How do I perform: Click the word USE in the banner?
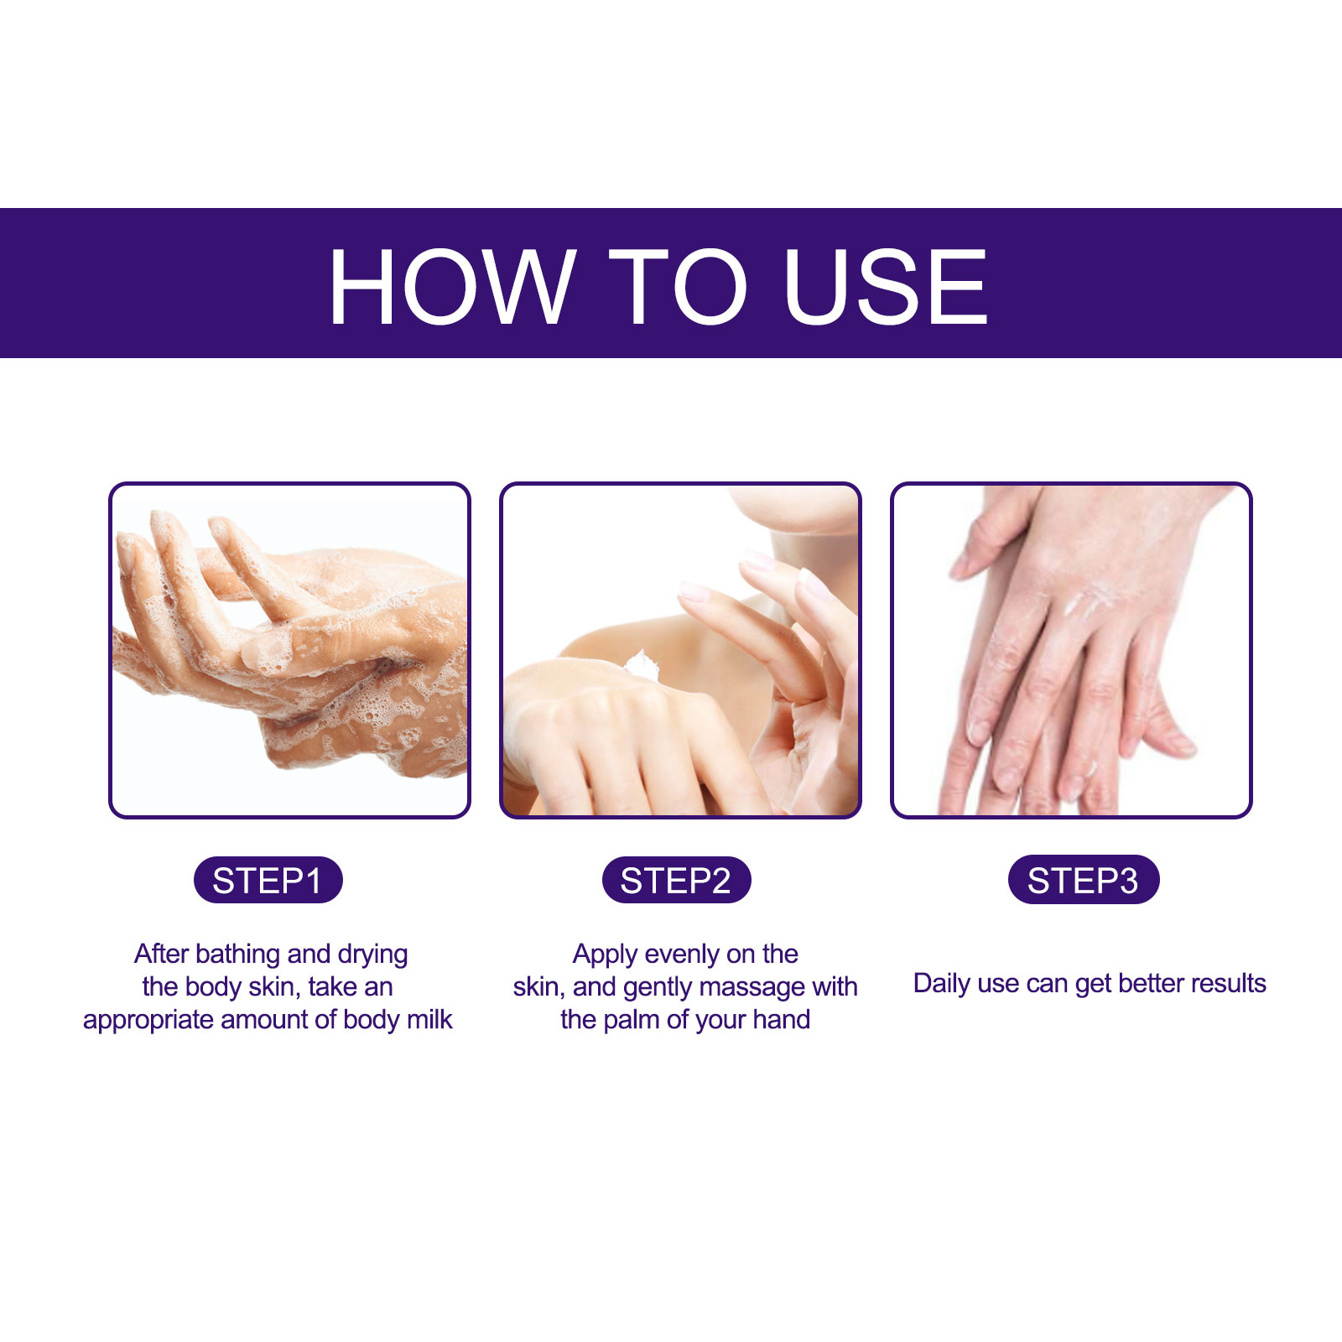[x=886, y=286]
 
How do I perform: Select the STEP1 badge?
[x=268, y=880]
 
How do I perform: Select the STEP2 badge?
[x=676, y=880]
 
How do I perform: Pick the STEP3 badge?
[x=1083, y=880]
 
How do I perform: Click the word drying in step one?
[x=373, y=954]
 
